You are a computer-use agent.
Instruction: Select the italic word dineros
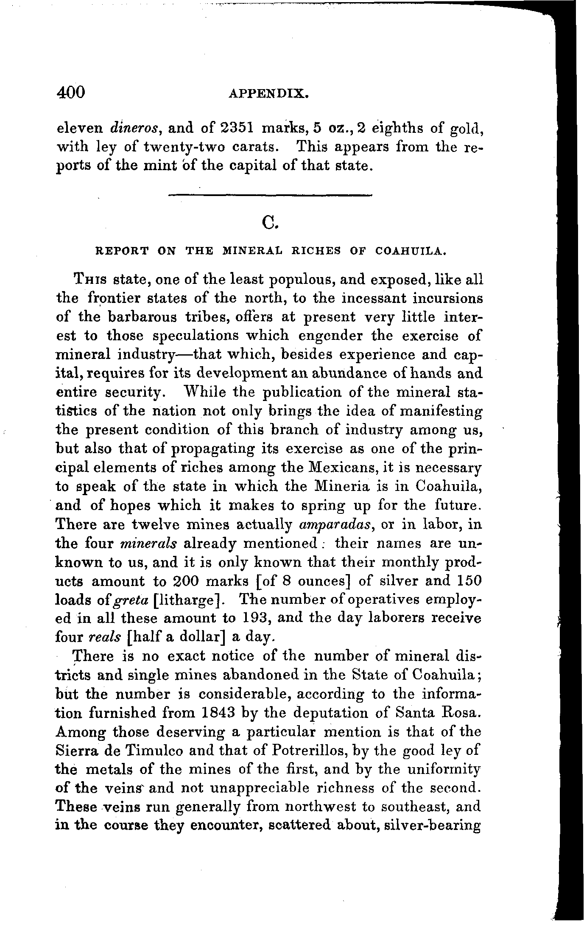click(134, 128)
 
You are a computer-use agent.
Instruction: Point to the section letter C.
click(270, 221)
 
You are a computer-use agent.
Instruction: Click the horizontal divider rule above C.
click(270, 195)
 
